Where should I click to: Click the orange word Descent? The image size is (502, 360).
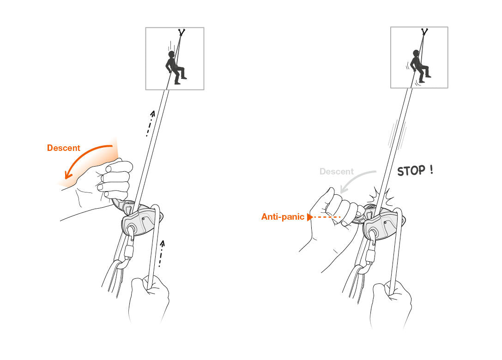(x=63, y=148)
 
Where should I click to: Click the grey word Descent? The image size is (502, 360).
(x=336, y=172)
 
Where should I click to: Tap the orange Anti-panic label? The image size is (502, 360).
(x=283, y=216)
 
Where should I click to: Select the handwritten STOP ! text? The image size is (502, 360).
(x=415, y=170)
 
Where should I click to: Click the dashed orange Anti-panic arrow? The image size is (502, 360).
(x=324, y=216)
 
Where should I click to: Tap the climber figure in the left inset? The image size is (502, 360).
(x=175, y=67)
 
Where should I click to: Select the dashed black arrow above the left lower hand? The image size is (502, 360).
(x=161, y=253)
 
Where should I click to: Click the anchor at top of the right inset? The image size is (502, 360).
(x=424, y=32)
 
